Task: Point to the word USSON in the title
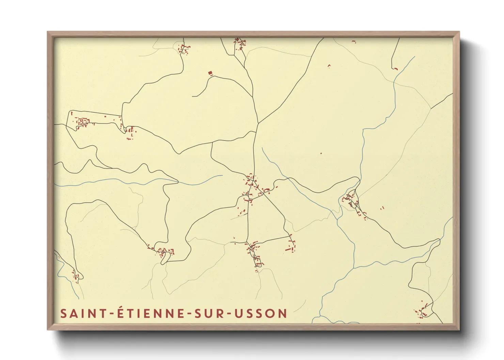click(x=261, y=313)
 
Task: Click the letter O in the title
click(x=271, y=313)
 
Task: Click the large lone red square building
click(x=210, y=72)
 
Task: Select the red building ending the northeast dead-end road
click(x=396, y=69)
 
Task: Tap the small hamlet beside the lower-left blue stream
click(x=77, y=276)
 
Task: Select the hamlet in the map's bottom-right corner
click(x=423, y=311)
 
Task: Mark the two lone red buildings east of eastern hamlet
click(x=382, y=208)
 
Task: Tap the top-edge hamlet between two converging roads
click(x=240, y=43)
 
